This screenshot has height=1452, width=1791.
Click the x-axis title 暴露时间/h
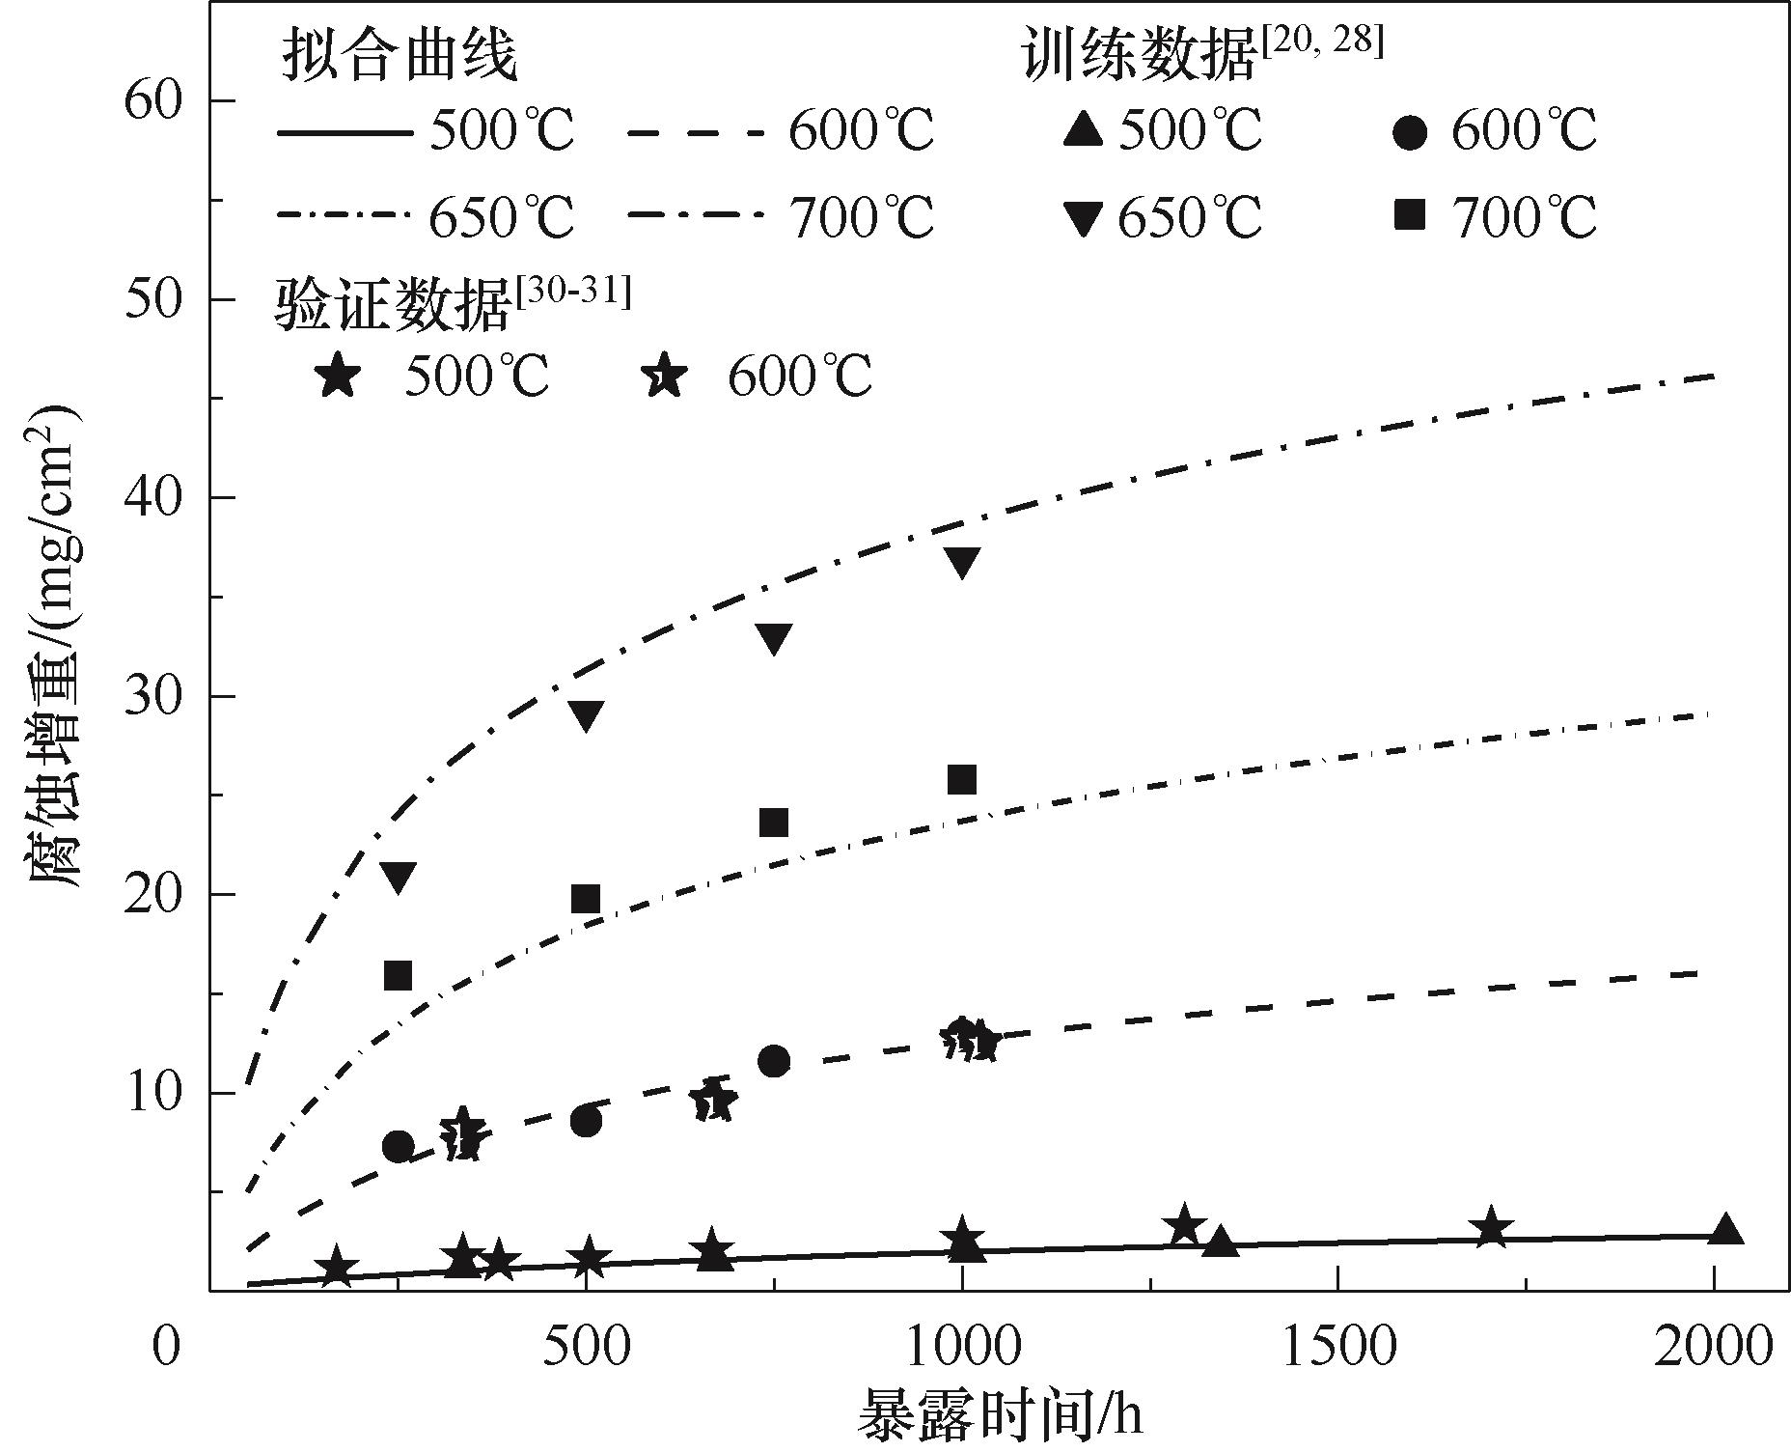click(999, 1415)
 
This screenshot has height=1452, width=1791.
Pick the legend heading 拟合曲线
click(399, 55)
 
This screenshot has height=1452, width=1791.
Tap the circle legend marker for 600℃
click(1410, 131)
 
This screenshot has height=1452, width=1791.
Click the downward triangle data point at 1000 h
click(962, 562)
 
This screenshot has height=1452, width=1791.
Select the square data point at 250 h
click(398, 976)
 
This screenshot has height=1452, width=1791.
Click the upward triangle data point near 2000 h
click(1725, 1230)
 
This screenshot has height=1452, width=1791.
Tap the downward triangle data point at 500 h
click(586, 715)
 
